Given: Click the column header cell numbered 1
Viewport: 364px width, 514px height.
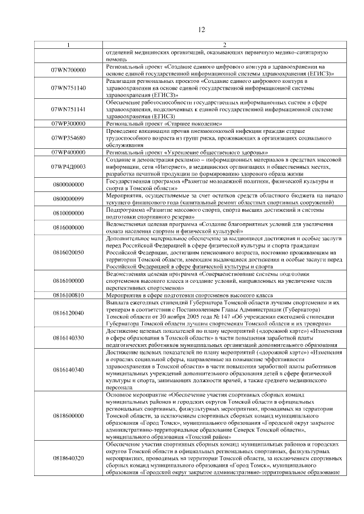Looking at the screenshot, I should tap(68, 45).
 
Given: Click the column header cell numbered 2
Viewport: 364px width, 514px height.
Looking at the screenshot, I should tap(224, 45).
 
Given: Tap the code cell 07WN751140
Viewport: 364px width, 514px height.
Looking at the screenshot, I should tap(68, 88).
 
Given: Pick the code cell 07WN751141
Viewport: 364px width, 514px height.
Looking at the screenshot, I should tap(68, 108).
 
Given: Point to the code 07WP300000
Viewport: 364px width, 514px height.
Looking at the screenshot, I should tap(68, 123).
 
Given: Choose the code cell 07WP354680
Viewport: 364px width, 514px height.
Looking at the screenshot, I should tap(68, 137).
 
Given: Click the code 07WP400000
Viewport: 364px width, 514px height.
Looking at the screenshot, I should tap(68, 152).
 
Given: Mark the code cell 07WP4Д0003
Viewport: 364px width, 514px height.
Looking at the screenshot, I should tap(68, 166).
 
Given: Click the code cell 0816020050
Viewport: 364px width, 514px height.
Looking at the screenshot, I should tap(68, 252).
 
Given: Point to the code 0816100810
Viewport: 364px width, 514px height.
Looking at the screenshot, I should tap(68, 295).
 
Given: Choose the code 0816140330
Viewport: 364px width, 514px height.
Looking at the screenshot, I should tap(68, 337).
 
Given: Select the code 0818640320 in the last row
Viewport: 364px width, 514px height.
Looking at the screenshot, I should tap(68, 457).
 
